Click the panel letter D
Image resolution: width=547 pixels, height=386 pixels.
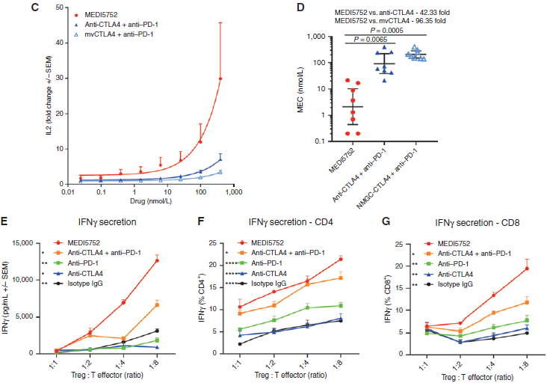tap(300, 7)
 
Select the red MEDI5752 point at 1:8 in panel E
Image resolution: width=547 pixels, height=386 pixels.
tap(157, 260)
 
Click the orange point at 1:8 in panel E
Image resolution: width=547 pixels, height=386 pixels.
tap(157, 304)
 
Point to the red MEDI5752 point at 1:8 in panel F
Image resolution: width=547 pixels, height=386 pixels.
tap(340, 259)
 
